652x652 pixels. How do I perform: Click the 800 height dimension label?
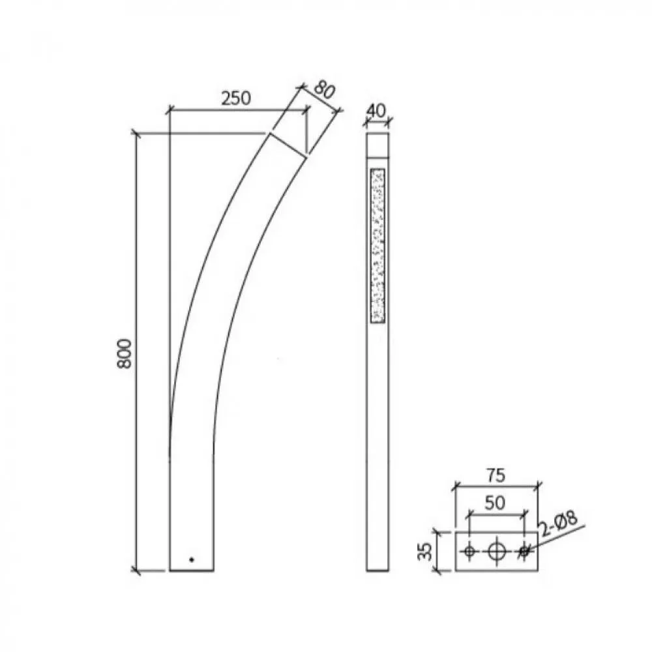coord(125,353)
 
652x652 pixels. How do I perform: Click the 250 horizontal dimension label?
coord(236,98)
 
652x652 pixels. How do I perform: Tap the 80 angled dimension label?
coord(323,90)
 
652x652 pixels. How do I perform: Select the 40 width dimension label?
coord(377,111)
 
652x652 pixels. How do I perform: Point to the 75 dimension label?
coord(496,475)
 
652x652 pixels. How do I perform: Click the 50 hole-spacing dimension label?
coord(495,503)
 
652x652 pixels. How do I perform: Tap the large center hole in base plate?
coord(496,552)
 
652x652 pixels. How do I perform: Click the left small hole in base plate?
coord(469,552)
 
